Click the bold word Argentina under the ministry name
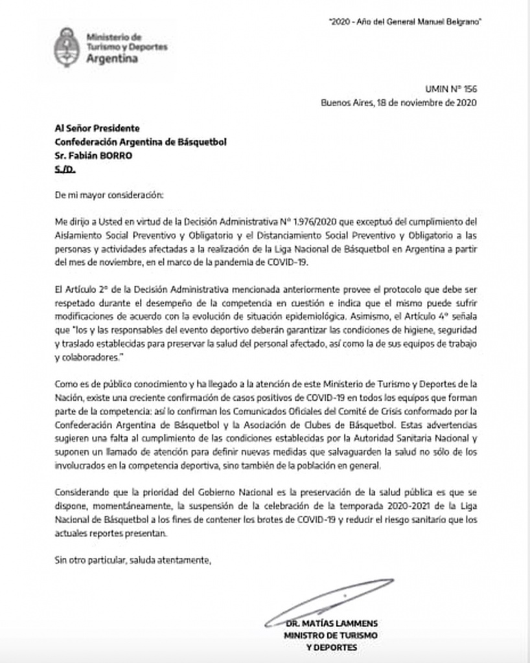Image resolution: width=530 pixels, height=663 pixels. [111, 58]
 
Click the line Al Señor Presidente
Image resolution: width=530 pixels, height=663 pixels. [97, 128]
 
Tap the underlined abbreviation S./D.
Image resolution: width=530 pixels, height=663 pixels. [65, 169]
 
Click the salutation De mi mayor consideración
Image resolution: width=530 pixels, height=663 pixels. [100, 194]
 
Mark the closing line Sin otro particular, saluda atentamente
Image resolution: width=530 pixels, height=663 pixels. [133, 560]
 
